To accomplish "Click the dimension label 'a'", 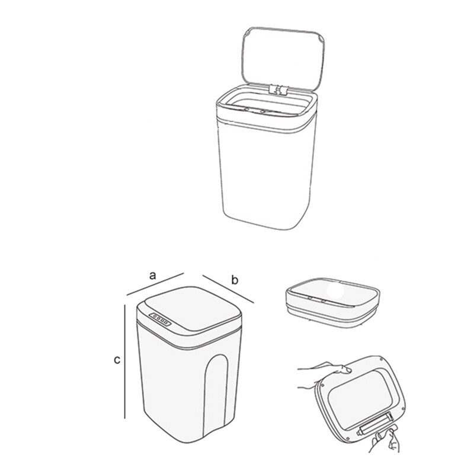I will point(152,275).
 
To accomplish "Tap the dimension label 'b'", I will point(235,280).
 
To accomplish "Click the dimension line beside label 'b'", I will point(228,290).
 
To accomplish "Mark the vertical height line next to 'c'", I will point(125,361).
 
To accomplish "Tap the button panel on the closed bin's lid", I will point(159,319).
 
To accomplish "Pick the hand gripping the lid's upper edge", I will point(320,373).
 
